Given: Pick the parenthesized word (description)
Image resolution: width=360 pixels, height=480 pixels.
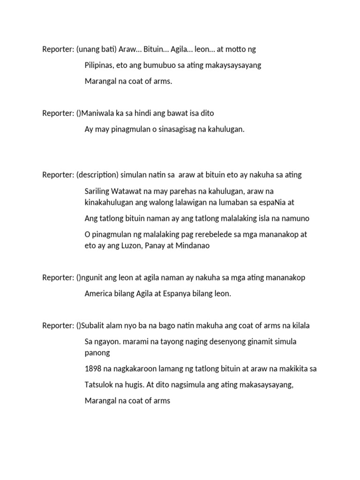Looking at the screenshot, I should point(97,175).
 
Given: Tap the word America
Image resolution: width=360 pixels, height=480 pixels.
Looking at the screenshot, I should point(99,293).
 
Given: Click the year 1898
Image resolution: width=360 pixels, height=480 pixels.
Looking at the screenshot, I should point(93,369).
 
